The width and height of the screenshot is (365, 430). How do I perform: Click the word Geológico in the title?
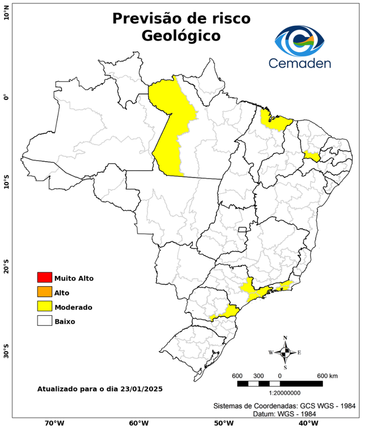tap(181, 36)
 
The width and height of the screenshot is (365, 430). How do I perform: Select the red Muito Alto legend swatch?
tap(44, 278)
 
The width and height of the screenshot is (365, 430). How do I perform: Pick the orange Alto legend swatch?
tap(44, 292)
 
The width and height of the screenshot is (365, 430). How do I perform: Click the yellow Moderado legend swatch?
tap(44, 307)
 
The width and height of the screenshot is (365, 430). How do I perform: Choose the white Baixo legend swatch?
tap(44, 321)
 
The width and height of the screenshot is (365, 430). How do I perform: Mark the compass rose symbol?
tap(285, 352)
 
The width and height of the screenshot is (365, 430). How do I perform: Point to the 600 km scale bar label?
tap(327, 375)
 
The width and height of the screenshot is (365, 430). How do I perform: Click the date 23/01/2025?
tap(141, 388)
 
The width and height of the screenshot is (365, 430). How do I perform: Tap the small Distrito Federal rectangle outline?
tap(243, 230)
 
